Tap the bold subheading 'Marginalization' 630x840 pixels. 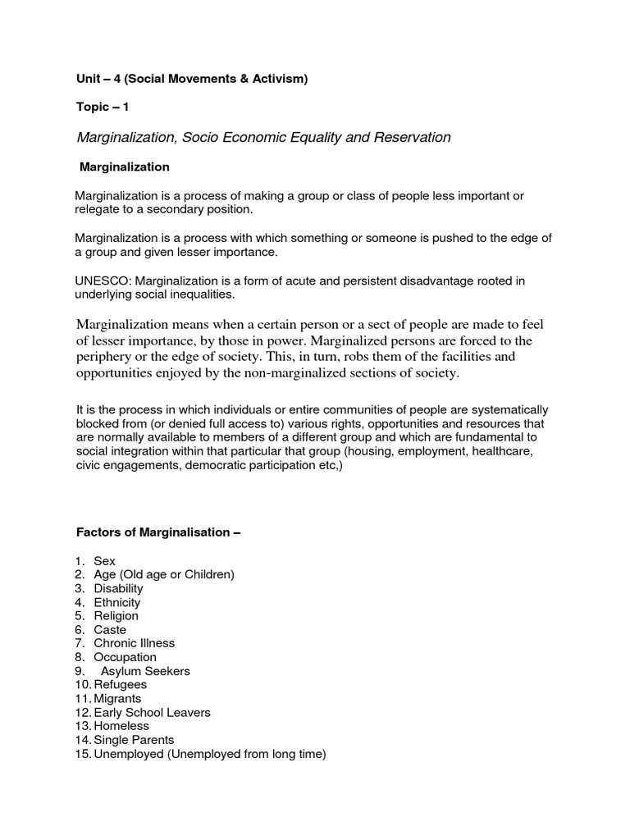tap(124, 167)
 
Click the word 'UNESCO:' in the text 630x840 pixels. tap(101, 281)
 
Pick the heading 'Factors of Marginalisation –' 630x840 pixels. tap(158, 532)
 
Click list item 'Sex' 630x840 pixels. tap(104, 561)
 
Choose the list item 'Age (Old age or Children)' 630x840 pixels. tap(164, 574)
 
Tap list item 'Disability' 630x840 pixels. tap(118, 588)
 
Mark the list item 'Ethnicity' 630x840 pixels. tap(116, 602)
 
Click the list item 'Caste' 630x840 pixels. tap(110, 629)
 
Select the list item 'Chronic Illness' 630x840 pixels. tap(134, 643)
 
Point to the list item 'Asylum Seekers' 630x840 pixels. tap(145, 671)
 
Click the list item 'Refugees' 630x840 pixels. tap(120, 684)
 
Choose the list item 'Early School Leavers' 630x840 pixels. tap(152, 712)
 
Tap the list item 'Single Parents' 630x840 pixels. tap(134, 740)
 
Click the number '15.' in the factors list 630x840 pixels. tap(82, 754)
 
